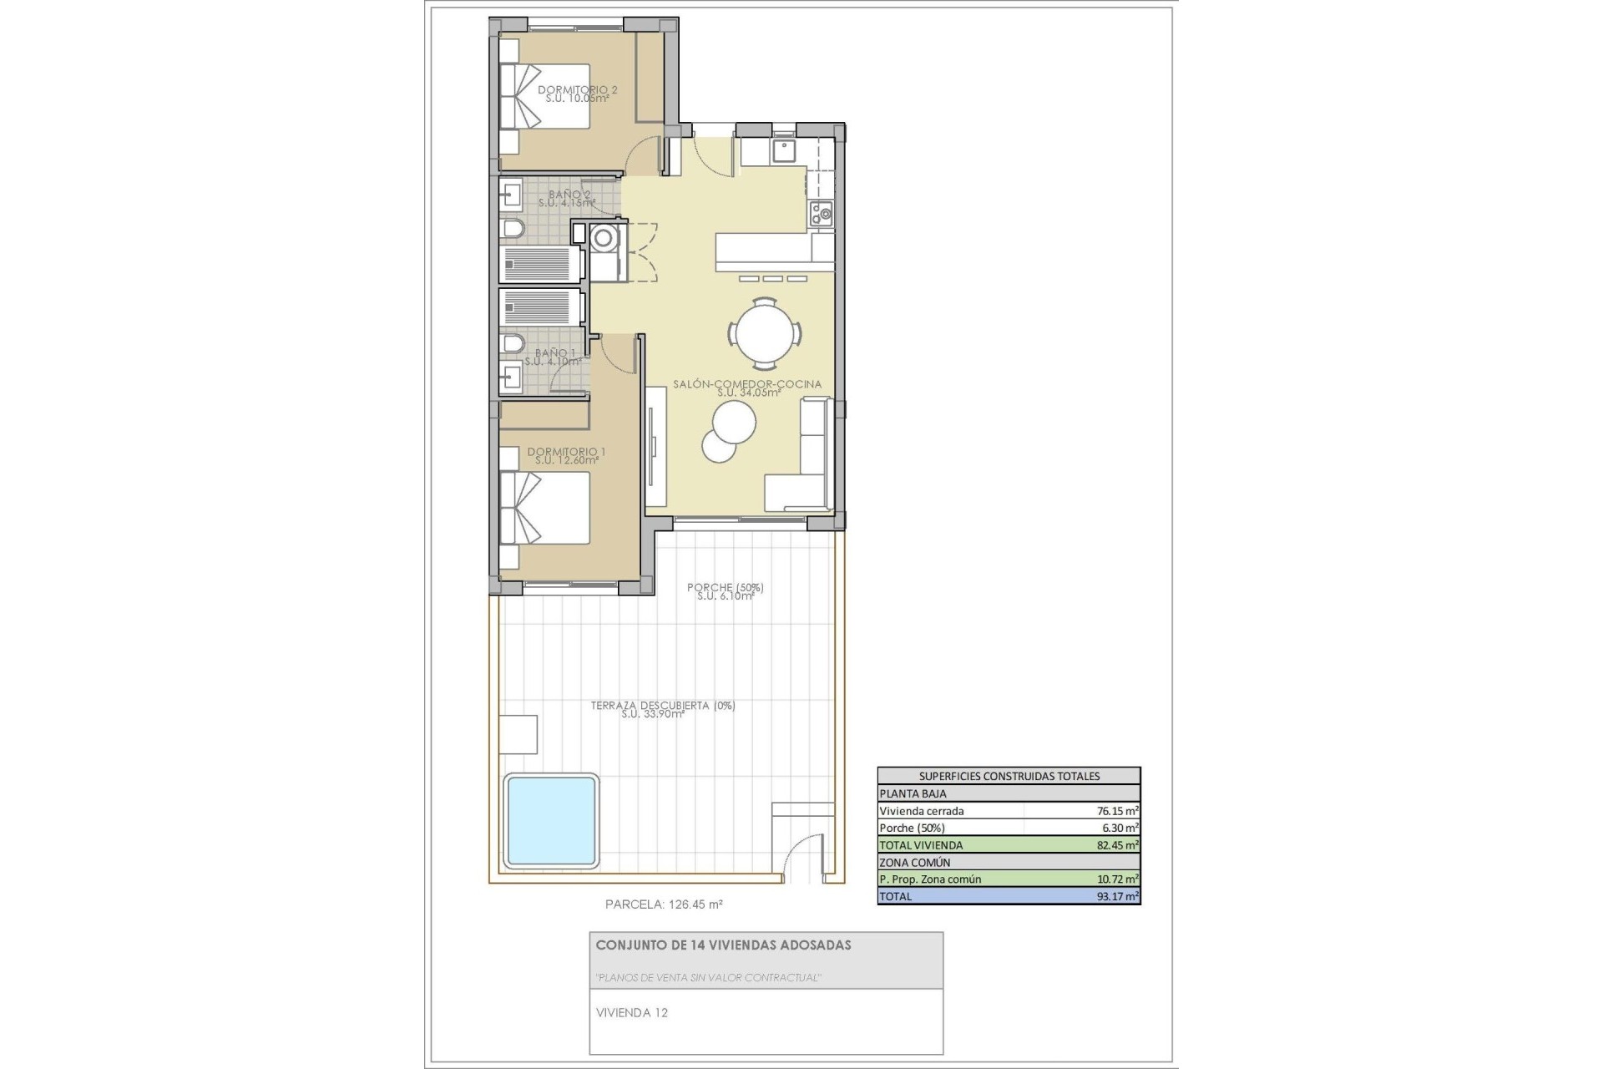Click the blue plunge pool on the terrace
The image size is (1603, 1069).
(551, 821)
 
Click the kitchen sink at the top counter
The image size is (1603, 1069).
(783, 150)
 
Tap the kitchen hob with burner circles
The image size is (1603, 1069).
(821, 214)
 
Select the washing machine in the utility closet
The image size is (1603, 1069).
(602, 239)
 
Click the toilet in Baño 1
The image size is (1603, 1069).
(512, 344)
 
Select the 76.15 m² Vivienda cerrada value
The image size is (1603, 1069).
(1117, 810)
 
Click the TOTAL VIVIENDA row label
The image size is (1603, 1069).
(921, 845)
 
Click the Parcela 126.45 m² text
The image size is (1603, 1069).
(664, 904)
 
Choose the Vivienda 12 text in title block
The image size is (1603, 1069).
(632, 1012)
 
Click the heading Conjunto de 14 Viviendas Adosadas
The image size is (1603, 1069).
(723, 945)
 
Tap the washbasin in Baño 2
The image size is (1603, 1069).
(511, 197)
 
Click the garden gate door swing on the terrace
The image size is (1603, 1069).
(802, 856)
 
